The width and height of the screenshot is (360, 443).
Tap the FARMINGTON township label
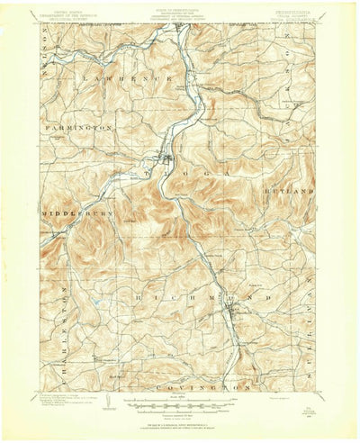coord(78,128)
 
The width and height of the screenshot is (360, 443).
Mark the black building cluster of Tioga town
coord(166,162)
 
